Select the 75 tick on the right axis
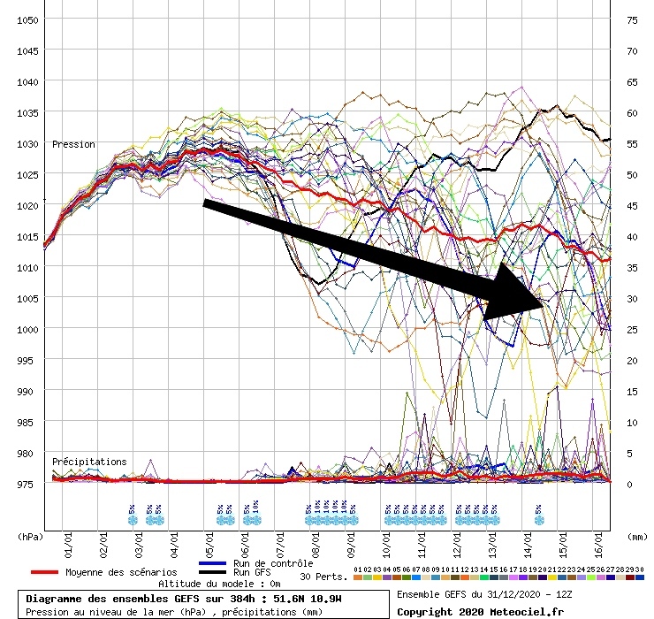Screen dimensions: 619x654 click(x=632, y=19)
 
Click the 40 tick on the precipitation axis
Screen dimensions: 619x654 click(x=632, y=236)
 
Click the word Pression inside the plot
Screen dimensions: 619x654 click(x=73, y=144)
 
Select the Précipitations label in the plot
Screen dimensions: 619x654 click(x=89, y=462)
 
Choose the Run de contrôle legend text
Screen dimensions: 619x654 click(x=273, y=563)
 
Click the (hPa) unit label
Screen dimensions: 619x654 click(x=30, y=535)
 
